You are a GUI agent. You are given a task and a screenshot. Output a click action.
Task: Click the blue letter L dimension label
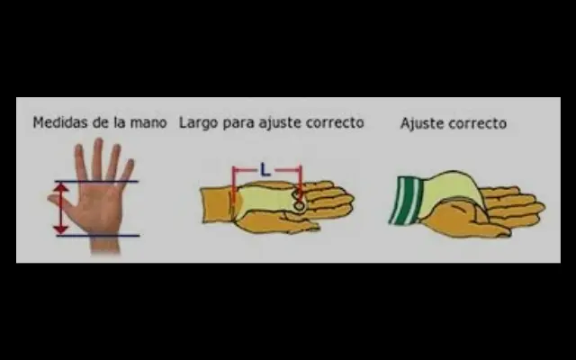[265, 170]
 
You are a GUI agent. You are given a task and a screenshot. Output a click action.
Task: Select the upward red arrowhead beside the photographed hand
[61, 187]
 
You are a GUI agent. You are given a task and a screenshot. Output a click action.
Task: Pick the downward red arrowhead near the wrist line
[61, 229]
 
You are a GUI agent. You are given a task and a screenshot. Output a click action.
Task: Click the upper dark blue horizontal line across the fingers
[96, 181]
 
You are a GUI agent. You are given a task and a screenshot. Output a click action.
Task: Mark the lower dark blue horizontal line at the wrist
[98, 236]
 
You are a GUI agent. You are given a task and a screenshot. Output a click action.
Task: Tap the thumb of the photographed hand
[58, 202]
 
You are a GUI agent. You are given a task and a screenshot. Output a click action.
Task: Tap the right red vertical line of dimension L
[301, 183]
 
